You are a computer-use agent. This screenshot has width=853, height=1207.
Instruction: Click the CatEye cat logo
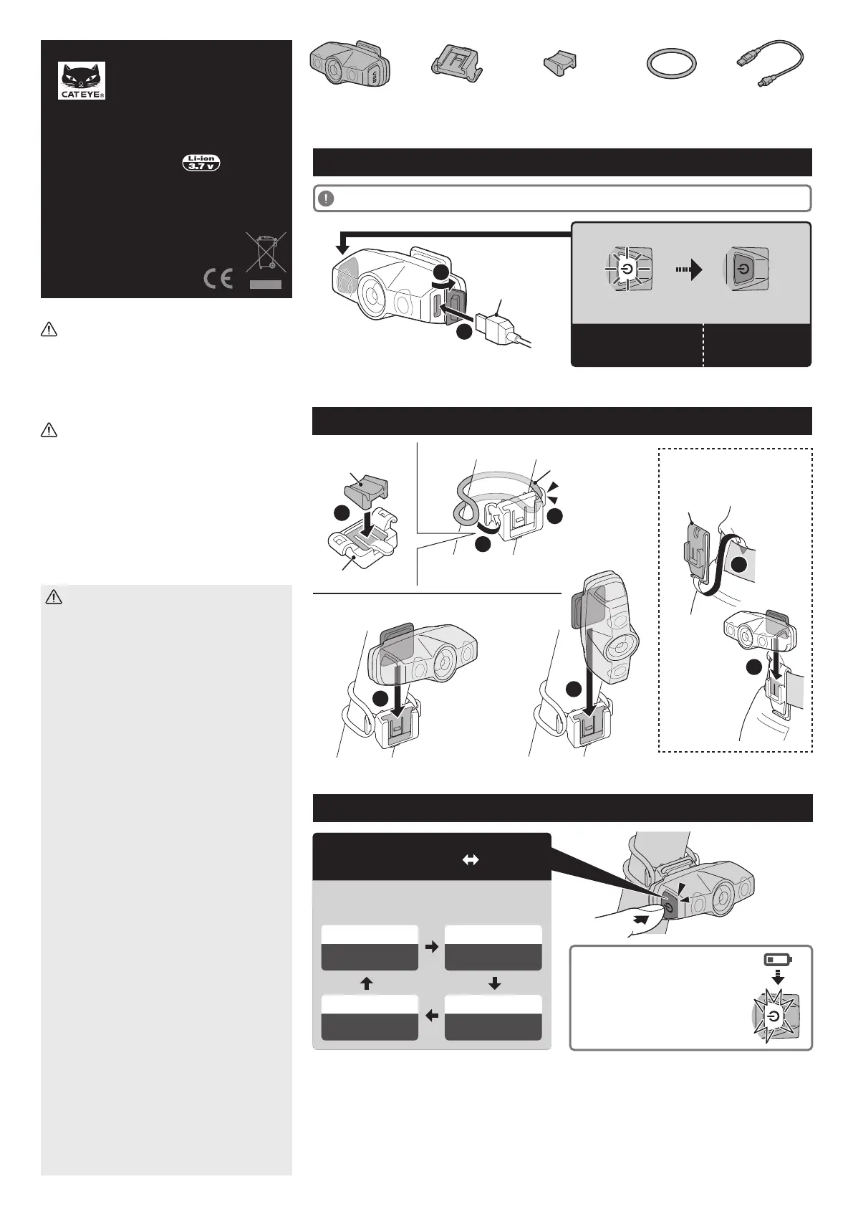pos(82,80)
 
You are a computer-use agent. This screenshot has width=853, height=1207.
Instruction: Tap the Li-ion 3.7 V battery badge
pos(201,162)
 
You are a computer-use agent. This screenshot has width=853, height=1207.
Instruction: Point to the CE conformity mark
pos(218,279)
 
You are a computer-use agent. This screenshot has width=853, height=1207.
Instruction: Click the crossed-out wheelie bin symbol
pos(266,252)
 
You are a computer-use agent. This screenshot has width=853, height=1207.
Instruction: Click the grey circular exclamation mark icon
pos(326,199)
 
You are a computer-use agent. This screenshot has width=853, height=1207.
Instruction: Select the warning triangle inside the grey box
pos(54,597)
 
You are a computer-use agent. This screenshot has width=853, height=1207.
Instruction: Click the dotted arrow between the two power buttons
pos(689,269)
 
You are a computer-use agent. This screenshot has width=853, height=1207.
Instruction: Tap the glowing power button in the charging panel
pos(627,268)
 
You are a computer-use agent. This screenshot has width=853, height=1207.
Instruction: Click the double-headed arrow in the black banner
pos(471,861)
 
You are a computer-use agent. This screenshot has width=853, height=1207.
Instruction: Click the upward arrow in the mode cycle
pos(366,983)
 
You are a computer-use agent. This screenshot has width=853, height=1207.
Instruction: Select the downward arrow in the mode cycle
pos(494,983)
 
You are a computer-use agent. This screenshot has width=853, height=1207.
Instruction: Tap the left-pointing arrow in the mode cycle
pos(431,1016)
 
